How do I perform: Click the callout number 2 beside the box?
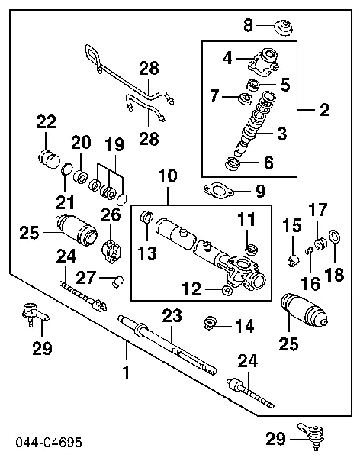coord(326,111)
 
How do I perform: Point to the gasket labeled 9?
coord(219,189)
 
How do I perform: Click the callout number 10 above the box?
coord(168,176)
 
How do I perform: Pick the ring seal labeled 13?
coord(148,219)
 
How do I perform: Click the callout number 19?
coord(113,145)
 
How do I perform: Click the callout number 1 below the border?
coord(127,373)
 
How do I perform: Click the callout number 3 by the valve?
coord(281,134)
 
